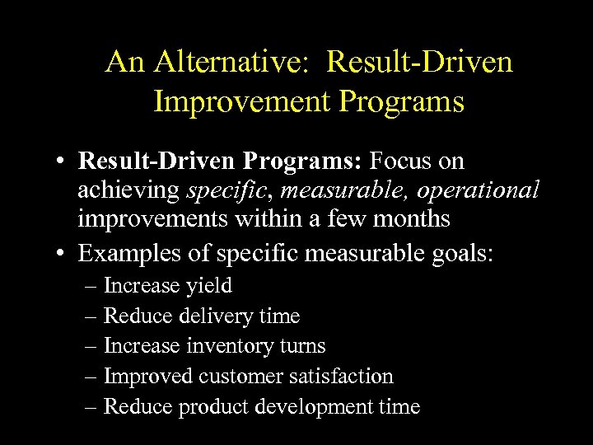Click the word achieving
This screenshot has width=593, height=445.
129,191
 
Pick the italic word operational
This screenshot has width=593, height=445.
478,191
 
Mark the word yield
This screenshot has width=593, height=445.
209,286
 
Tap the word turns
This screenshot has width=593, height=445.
303,346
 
